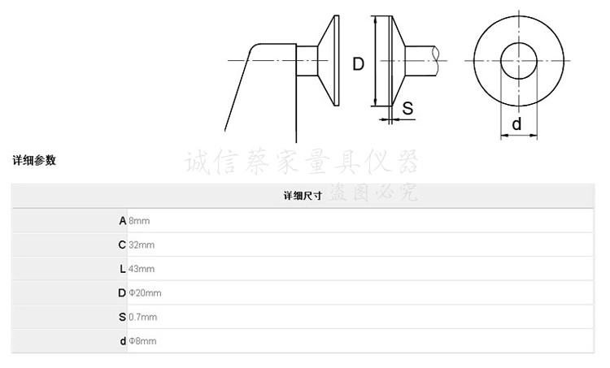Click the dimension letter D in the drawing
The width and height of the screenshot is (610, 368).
(x=358, y=63)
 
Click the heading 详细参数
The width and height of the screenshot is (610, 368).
(x=34, y=161)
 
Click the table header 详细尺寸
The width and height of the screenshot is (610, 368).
(x=303, y=197)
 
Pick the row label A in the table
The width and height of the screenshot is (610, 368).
(x=122, y=220)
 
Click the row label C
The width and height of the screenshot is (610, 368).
(x=122, y=245)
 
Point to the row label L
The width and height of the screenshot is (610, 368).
(x=122, y=269)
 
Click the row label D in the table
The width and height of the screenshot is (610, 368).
(x=122, y=292)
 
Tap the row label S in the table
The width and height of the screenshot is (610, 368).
(x=122, y=317)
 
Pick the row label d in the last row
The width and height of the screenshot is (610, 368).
(x=123, y=341)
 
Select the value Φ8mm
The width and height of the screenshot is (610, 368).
(x=142, y=341)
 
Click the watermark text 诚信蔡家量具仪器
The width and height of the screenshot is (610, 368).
(x=302, y=162)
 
